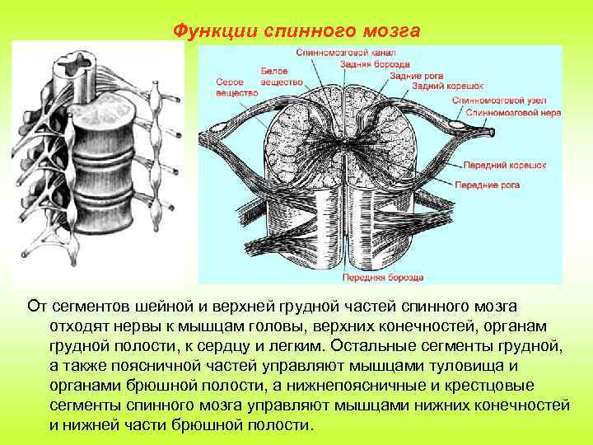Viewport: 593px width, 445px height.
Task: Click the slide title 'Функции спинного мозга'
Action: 296,30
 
